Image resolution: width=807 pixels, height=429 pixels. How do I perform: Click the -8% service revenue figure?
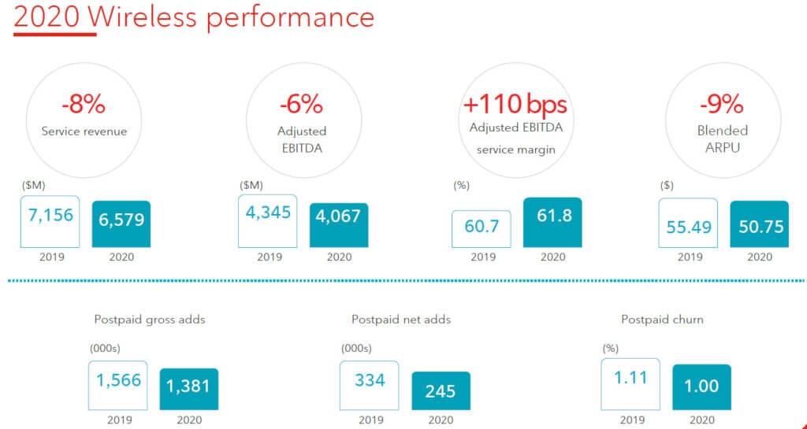[x=84, y=104]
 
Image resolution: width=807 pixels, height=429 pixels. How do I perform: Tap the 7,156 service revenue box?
[x=50, y=216]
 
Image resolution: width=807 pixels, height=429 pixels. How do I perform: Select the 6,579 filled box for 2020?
[x=121, y=220]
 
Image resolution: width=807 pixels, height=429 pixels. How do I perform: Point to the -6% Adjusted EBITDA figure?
[x=302, y=104]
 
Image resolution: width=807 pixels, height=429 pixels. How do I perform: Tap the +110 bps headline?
[x=515, y=104]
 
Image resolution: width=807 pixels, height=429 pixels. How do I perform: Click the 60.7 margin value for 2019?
[x=481, y=227]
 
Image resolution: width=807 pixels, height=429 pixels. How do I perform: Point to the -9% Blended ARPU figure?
[x=721, y=104]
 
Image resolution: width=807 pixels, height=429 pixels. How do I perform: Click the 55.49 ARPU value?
[x=690, y=227]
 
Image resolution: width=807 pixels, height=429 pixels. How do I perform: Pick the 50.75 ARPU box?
[x=760, y=227]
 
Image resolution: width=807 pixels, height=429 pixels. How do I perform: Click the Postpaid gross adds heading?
[x=150, y=320]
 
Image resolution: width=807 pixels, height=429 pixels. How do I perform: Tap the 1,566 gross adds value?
[x=118, y=380]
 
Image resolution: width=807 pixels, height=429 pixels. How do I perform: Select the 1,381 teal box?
[x=189, y=388]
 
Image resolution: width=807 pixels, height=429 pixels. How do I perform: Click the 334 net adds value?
[x=370, y=380]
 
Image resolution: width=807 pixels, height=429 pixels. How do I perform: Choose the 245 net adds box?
[x=441, y=390]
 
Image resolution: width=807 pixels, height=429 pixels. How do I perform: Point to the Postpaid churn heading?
[x=662, y=320]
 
